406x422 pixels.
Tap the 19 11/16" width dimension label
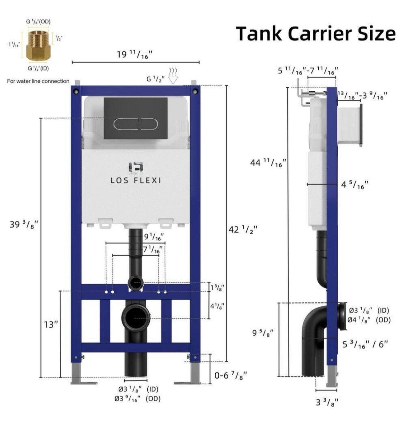pyautogui.click(x=135, y=55)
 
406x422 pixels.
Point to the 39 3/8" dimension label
pyautogui.click(x=24, y=225)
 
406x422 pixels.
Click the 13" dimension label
pyautogui.click(x=51, y=324)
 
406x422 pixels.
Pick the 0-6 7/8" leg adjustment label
pyautogui.click(x=231, y=375)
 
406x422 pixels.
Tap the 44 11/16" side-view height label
pyautogui.click(x=268, y=163)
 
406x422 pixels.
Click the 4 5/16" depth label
pyautogui.click(x=355, y=185)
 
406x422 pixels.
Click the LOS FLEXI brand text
pyautogui.click(x=136, y=181)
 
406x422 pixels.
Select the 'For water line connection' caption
pyautogui.click(x=38, y=81)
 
